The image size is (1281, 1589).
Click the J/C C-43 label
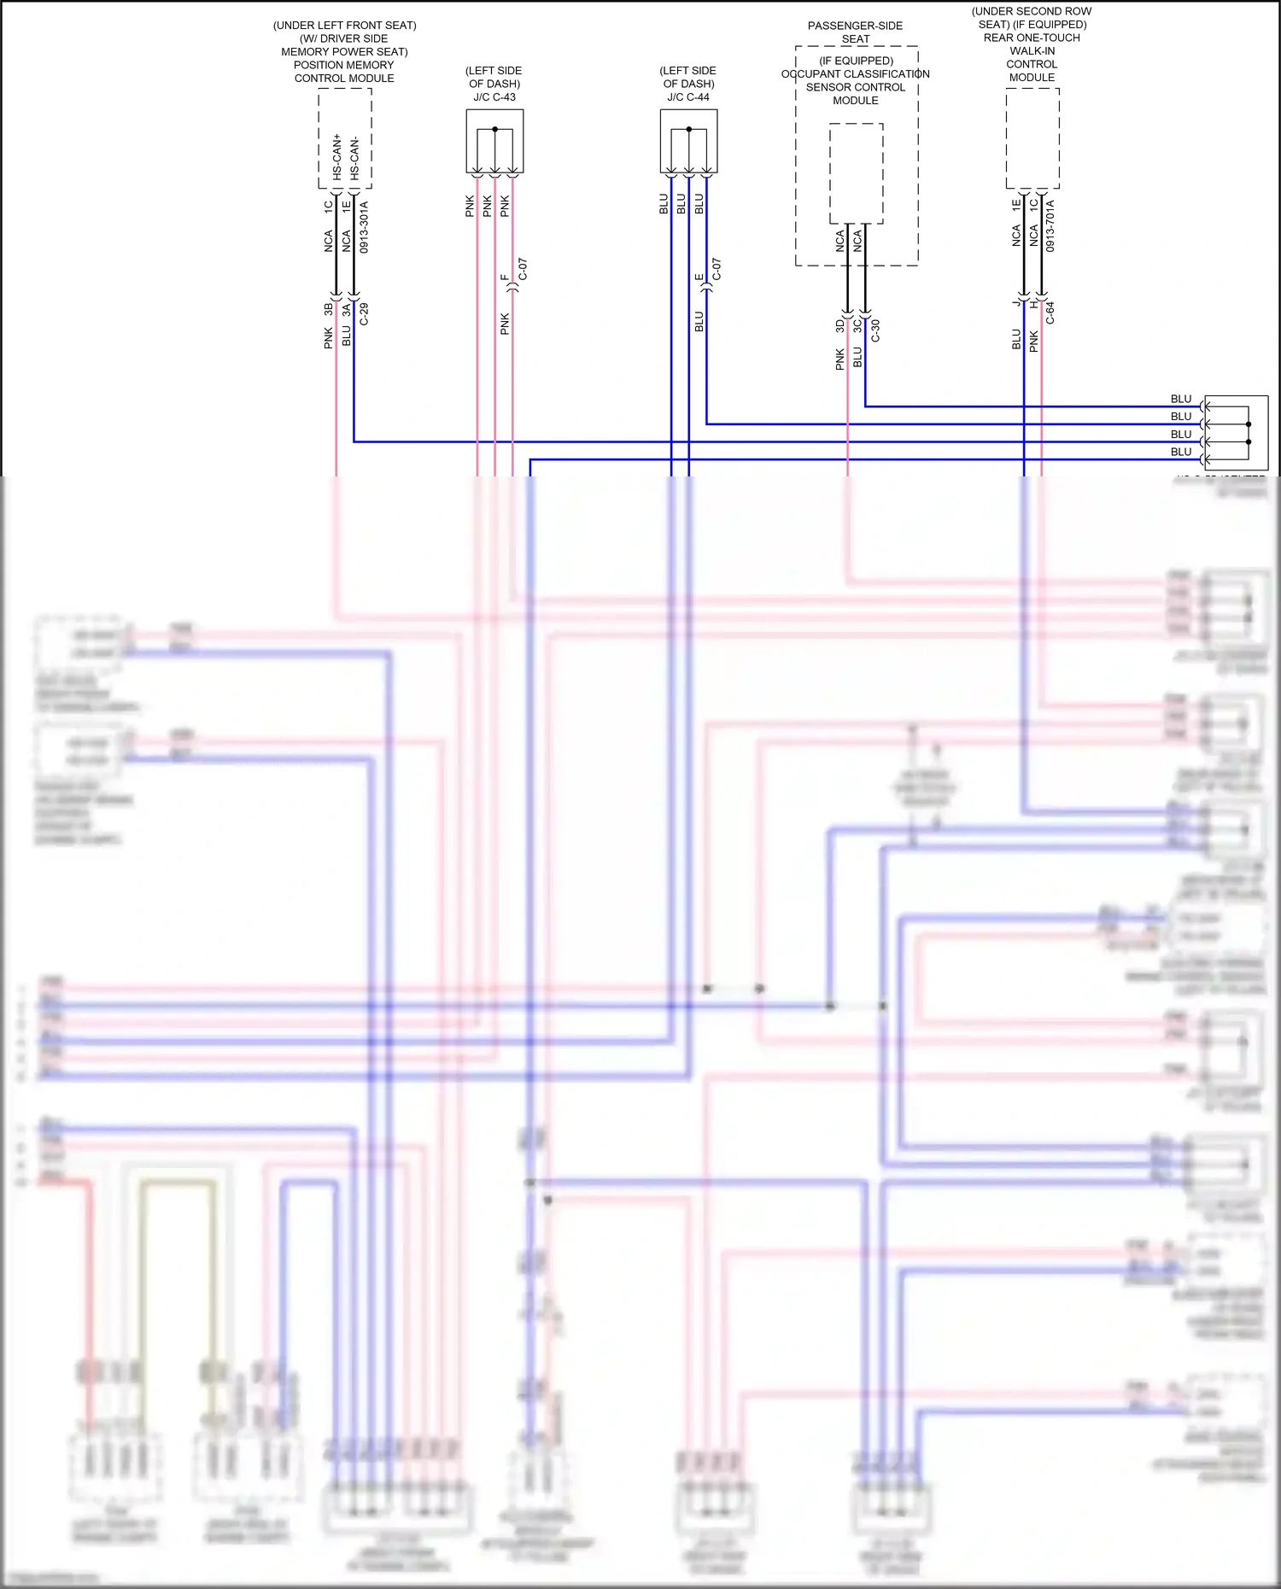(494, 97)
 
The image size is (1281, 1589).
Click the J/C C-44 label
(688, 97)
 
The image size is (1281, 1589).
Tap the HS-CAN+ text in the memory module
(336, 156)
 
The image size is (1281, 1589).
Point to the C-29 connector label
(364, 313)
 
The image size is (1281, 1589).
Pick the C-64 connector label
(1050, 313)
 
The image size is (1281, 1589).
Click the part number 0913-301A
(364, 227)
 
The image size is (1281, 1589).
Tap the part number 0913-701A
(1050, 225)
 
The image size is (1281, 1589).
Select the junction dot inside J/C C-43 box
(494, 129)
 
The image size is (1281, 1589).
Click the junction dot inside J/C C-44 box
(688, 129)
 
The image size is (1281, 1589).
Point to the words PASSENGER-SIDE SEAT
(855, 32)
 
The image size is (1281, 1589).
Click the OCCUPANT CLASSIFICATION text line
(855, 74)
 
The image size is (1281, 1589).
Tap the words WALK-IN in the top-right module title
(1032, 51)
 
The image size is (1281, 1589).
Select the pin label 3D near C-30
(839, 326)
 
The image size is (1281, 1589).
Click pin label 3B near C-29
(328, 309)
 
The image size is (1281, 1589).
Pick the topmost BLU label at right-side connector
(1180, 399)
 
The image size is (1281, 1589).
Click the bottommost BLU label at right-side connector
(1180, 452)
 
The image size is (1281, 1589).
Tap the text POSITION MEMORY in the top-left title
(343, 65)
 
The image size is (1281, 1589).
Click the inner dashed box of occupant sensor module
(856, 173)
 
